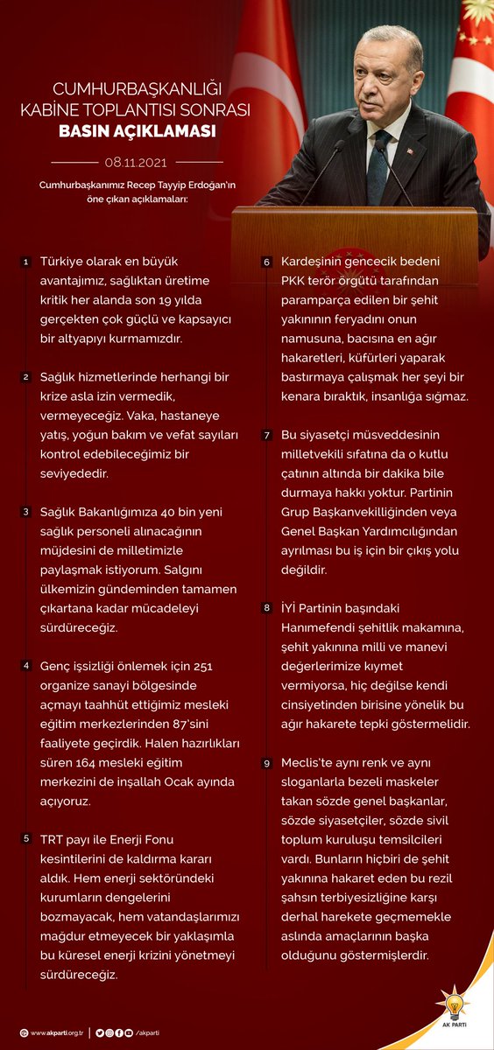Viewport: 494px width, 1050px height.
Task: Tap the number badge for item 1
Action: click(26, 262)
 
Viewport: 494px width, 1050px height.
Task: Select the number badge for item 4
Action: click(26, 666)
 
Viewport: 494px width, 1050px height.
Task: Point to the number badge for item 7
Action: click(267, 435)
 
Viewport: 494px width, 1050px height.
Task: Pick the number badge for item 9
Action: click(267, 762)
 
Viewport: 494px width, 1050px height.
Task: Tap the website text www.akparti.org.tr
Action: click(56, 1032)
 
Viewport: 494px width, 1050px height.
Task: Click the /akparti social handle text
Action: click(148, 1032)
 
